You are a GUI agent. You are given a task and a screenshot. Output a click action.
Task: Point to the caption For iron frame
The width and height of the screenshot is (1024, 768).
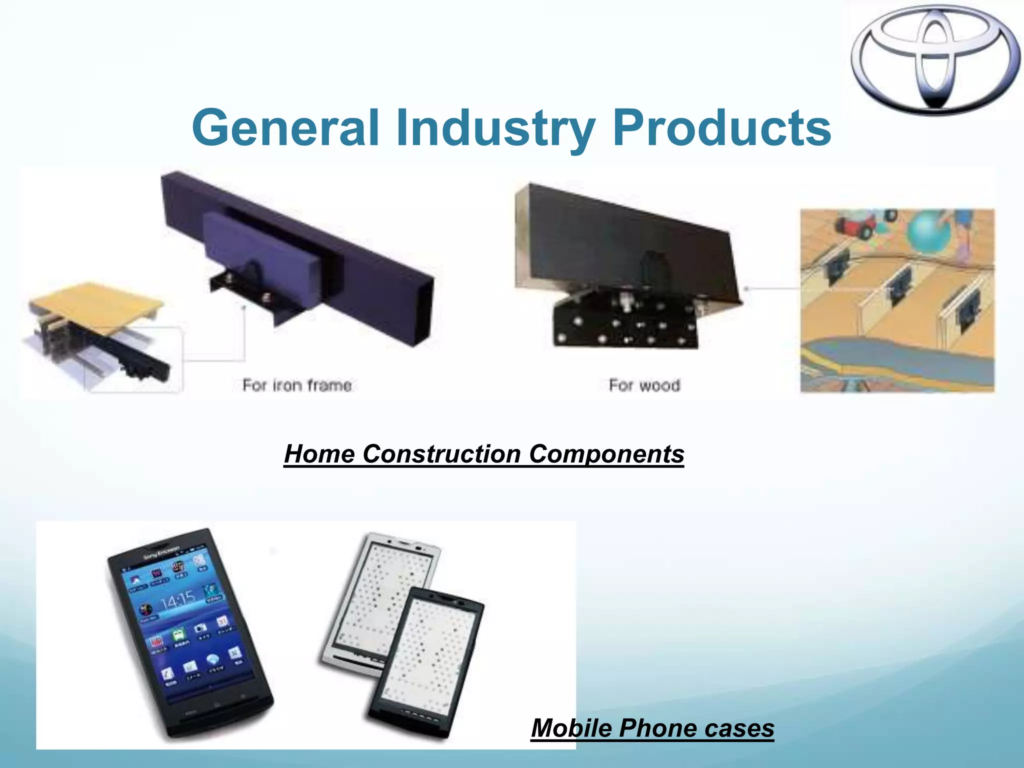(x=297, y=385)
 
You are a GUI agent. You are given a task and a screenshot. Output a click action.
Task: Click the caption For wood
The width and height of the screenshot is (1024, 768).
(x=644, y=385)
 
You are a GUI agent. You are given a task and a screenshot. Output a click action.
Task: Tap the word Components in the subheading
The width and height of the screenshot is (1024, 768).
(x=606, y=454)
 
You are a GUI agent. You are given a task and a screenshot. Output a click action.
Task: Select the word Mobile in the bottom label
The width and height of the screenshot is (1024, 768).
(x=571, y=728)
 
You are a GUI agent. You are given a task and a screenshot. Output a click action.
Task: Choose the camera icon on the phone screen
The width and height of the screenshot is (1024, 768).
(x=199, y=628)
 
